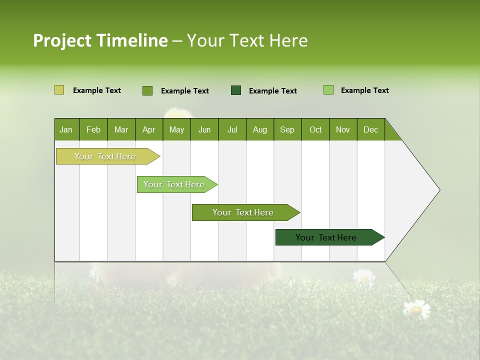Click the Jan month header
(x=66, y=129)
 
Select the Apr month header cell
(x=149, y=129)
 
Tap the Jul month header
(x=232, y=129)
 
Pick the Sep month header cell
(x=287, y=129)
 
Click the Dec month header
(x=370, y=129)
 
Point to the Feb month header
(x=93, y=129)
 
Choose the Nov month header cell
(x=343, y=129)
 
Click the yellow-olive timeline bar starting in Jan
(x=105, y=156)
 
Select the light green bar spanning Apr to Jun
(x=174, y=184)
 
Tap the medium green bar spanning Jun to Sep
(x=243, y=212)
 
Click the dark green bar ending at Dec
(x=326, y=237)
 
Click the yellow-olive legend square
(x=59, y=90)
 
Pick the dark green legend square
(x=236, y=90)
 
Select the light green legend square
(x=328, y=90)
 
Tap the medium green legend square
(x=147, y=90)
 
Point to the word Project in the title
(x=62, y=40)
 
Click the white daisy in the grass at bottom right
(x=416, y=309)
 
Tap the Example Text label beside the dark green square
(x=273, y=91)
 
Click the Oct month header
(x=315, y=129)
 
